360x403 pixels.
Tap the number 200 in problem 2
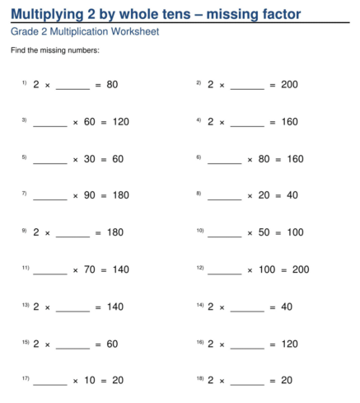pos(289,84)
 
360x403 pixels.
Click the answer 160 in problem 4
pos(289,121)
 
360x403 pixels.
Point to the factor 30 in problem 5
pos(90,158)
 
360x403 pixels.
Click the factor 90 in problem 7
pos(90,195)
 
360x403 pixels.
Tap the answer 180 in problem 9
pos(115,232)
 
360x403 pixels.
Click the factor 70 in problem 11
pos(90,269)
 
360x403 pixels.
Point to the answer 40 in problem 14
pos(286,307)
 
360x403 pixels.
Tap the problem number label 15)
pos(26,342)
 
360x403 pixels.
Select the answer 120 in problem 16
pos(289,344)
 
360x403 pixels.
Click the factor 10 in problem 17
pos(90,380)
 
